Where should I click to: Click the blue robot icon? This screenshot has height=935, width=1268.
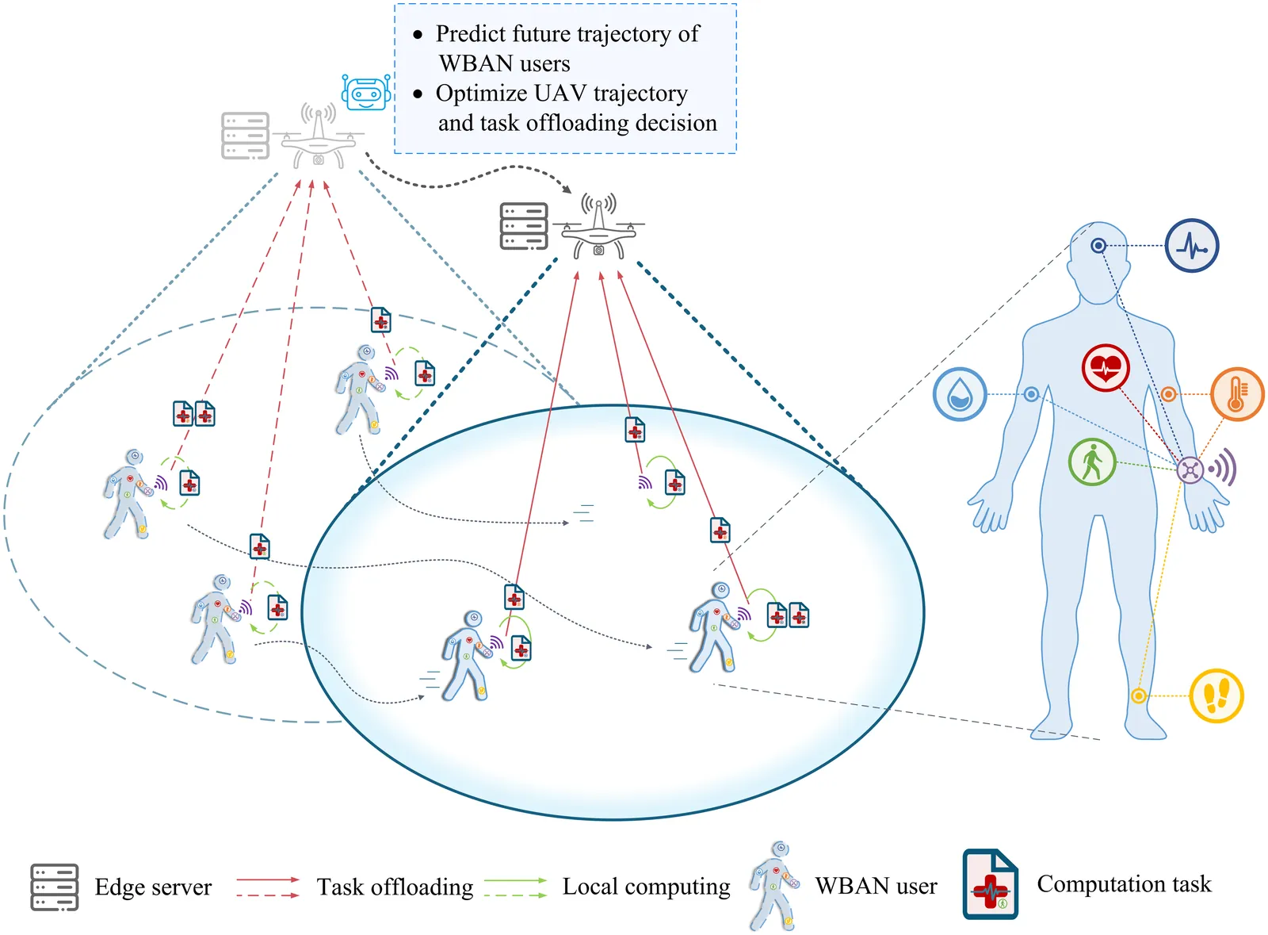point(366,92)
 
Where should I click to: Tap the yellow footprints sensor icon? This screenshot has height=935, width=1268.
point(1216,696)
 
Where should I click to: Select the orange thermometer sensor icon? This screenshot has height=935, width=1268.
point(1236,393)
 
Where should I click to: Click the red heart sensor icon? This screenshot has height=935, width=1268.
point(1106,368)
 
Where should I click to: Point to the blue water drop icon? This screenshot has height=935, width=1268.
point(960,394)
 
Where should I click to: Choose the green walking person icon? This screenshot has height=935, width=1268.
point(1092,462)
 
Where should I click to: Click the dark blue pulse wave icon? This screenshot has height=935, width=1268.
point(1191,246)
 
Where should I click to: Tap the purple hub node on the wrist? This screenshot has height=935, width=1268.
point(1190,469)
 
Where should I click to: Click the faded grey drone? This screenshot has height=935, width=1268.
point(318,140)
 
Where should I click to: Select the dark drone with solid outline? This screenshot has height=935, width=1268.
point(598,229)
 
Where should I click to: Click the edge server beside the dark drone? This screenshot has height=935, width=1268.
point(524,226)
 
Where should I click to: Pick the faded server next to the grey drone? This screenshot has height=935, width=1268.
point(245,136)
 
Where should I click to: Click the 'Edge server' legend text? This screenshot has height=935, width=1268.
point(153,887)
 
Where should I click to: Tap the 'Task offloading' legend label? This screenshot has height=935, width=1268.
point(395,887)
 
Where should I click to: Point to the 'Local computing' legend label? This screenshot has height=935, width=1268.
point(646,887)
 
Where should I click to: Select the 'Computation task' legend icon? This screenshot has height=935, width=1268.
point(990,884)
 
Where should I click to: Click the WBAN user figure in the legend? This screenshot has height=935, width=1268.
point(773,886)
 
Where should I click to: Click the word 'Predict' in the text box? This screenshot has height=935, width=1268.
point(470,34)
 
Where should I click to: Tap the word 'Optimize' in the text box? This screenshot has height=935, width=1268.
point(482,94)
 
